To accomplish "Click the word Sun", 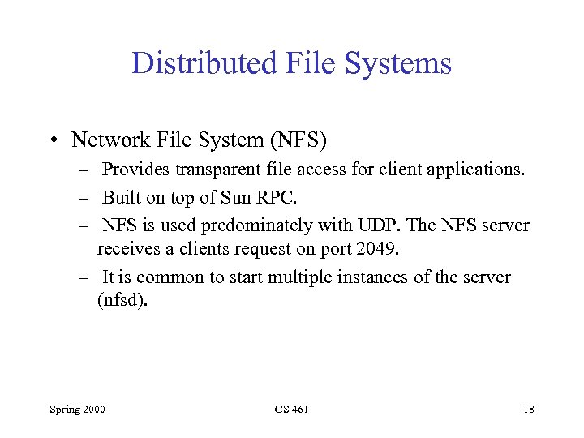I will (x=250, y=198).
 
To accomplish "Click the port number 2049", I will (x=378, y=247).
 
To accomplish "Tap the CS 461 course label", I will (x=292, y=410).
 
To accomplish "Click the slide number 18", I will (x=528, y=410).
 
